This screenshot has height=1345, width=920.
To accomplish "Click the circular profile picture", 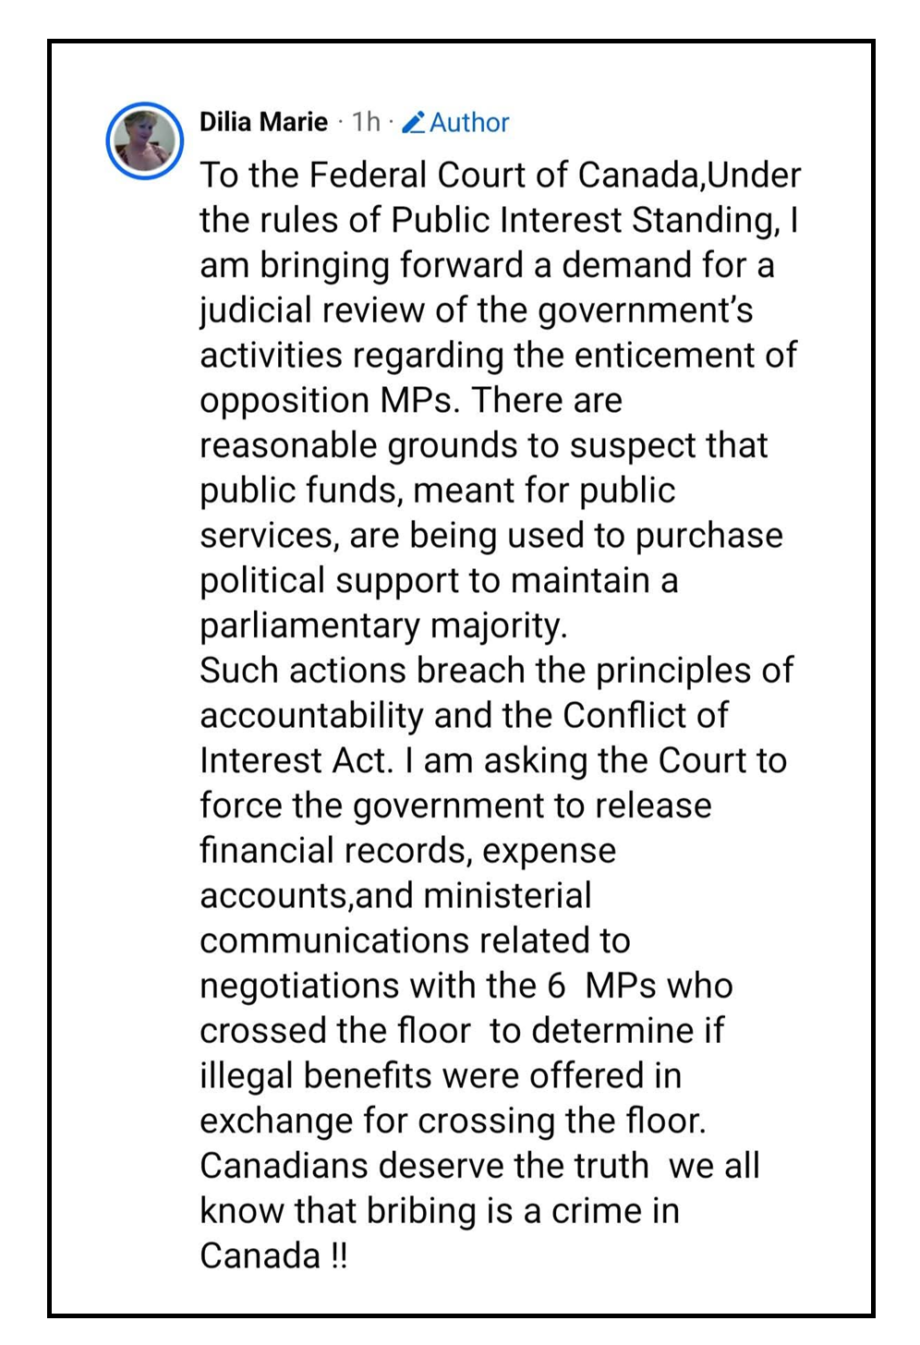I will click(x=145, y=140).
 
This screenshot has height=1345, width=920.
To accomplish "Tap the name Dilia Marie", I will click(x=263, y=122).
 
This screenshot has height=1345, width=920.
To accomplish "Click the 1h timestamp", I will click(x=366, y=122).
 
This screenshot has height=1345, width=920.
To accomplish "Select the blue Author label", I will click(x=469, y=122).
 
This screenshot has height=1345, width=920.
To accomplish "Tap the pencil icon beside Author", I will click(x=414, y=122).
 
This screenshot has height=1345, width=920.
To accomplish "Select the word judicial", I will click(x=256, y=310).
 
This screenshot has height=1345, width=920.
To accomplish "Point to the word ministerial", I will click(x=506, y=895).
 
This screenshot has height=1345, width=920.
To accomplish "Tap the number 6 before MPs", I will click(x=555, y=986).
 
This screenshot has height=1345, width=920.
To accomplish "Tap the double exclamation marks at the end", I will click(x=339, y=1256).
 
